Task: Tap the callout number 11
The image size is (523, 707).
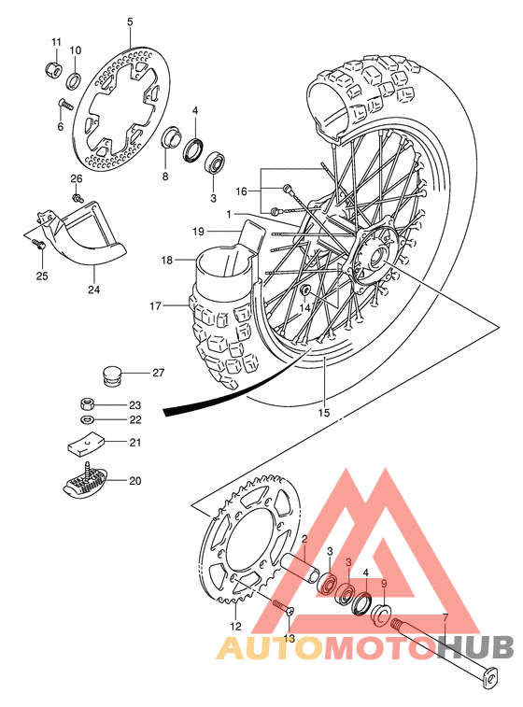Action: pyautogui.click(x=55, y=42)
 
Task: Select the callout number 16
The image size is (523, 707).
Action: pyautogui.click(x=241, y=191)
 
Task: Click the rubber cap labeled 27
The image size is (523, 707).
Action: pyautogui.click(x=113, y=376)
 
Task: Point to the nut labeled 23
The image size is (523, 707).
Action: pyautogui.click(x=86, y=404)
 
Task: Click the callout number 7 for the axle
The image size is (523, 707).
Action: pyautogui.click(x=445, y=618)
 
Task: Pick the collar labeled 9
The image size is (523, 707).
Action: pyautogui.click(x=380, y=615)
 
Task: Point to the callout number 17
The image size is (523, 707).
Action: pyautogui.click(x=155, y=304)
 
